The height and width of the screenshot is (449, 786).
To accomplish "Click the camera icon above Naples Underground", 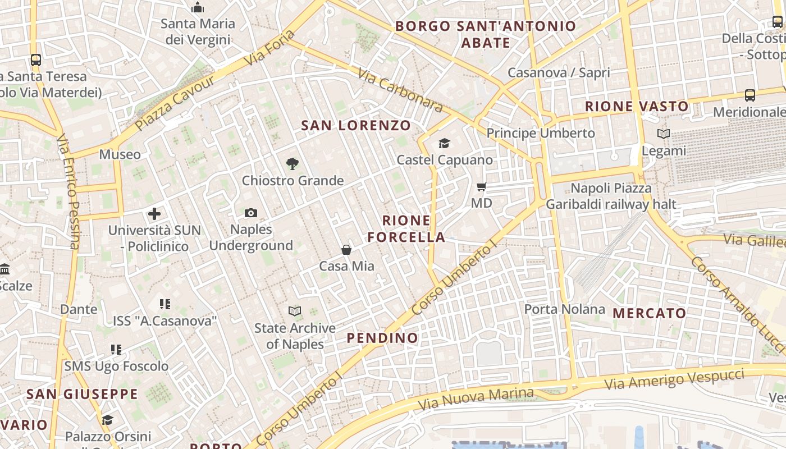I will [251, 213].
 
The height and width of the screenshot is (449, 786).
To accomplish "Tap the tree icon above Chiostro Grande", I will [292, 164].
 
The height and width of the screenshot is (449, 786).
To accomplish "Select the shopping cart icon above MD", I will [481, 186].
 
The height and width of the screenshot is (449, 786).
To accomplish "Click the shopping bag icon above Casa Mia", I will [346, 250].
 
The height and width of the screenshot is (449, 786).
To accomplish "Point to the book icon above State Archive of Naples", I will [295, 311].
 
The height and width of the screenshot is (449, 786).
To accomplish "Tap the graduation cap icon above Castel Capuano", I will [445, 143].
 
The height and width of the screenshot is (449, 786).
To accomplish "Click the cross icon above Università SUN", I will [154, 214].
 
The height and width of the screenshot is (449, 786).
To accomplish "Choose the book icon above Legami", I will [664, 134].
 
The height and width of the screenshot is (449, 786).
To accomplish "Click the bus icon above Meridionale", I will [750, 95].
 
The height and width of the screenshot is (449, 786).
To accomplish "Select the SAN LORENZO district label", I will [356, 125].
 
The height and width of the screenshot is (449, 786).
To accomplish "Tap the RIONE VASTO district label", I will [637, 106].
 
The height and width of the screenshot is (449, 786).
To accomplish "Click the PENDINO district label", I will [382, 338].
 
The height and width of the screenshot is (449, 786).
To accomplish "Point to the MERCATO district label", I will [649, 313].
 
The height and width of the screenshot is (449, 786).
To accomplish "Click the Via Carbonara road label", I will [400, 90].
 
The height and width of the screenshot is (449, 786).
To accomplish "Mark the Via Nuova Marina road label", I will [476, 398].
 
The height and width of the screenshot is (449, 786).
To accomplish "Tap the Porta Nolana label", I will [564, 309].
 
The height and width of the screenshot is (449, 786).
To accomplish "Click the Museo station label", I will [120, 154].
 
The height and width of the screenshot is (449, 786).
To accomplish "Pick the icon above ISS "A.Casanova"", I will [164, 304].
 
